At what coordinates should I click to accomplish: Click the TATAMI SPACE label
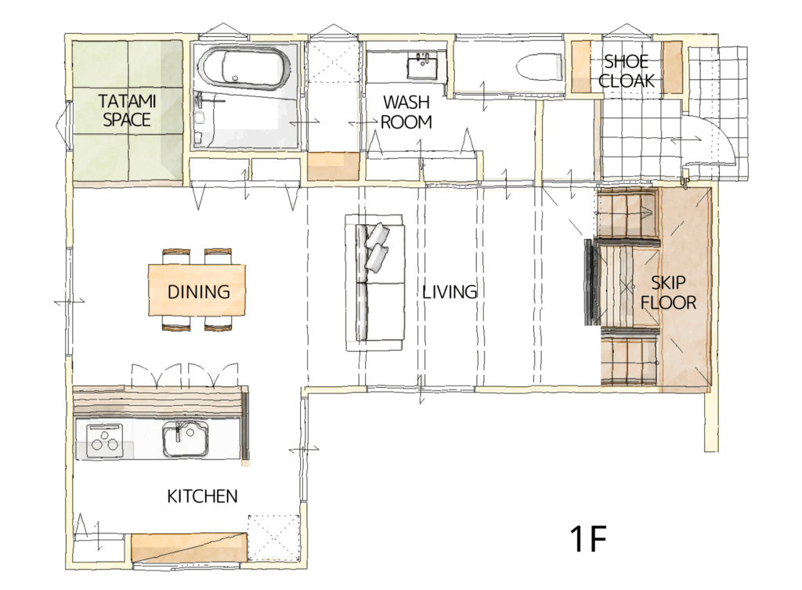pos(127,110)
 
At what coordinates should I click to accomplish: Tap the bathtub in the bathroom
pos(244,69)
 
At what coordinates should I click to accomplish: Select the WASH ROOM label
pos(406,112)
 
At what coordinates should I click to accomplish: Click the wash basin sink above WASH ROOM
pos(422,67)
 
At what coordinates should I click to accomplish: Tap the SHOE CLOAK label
pos(627,71)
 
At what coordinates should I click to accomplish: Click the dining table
pos(197,290)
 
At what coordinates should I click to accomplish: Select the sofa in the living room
pos(374,282)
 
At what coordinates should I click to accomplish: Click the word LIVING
pos(450,291)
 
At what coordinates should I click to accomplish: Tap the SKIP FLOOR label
pos(669,293)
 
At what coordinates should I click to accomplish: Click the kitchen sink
pos(186,439)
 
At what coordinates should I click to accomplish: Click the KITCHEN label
pos(202,496)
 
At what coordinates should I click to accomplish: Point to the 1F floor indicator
pos(588,538)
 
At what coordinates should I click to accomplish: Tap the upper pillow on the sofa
pos(378,235)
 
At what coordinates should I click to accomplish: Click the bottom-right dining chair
pos(219,324)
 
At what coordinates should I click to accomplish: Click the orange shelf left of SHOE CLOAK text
pos(580,67)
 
